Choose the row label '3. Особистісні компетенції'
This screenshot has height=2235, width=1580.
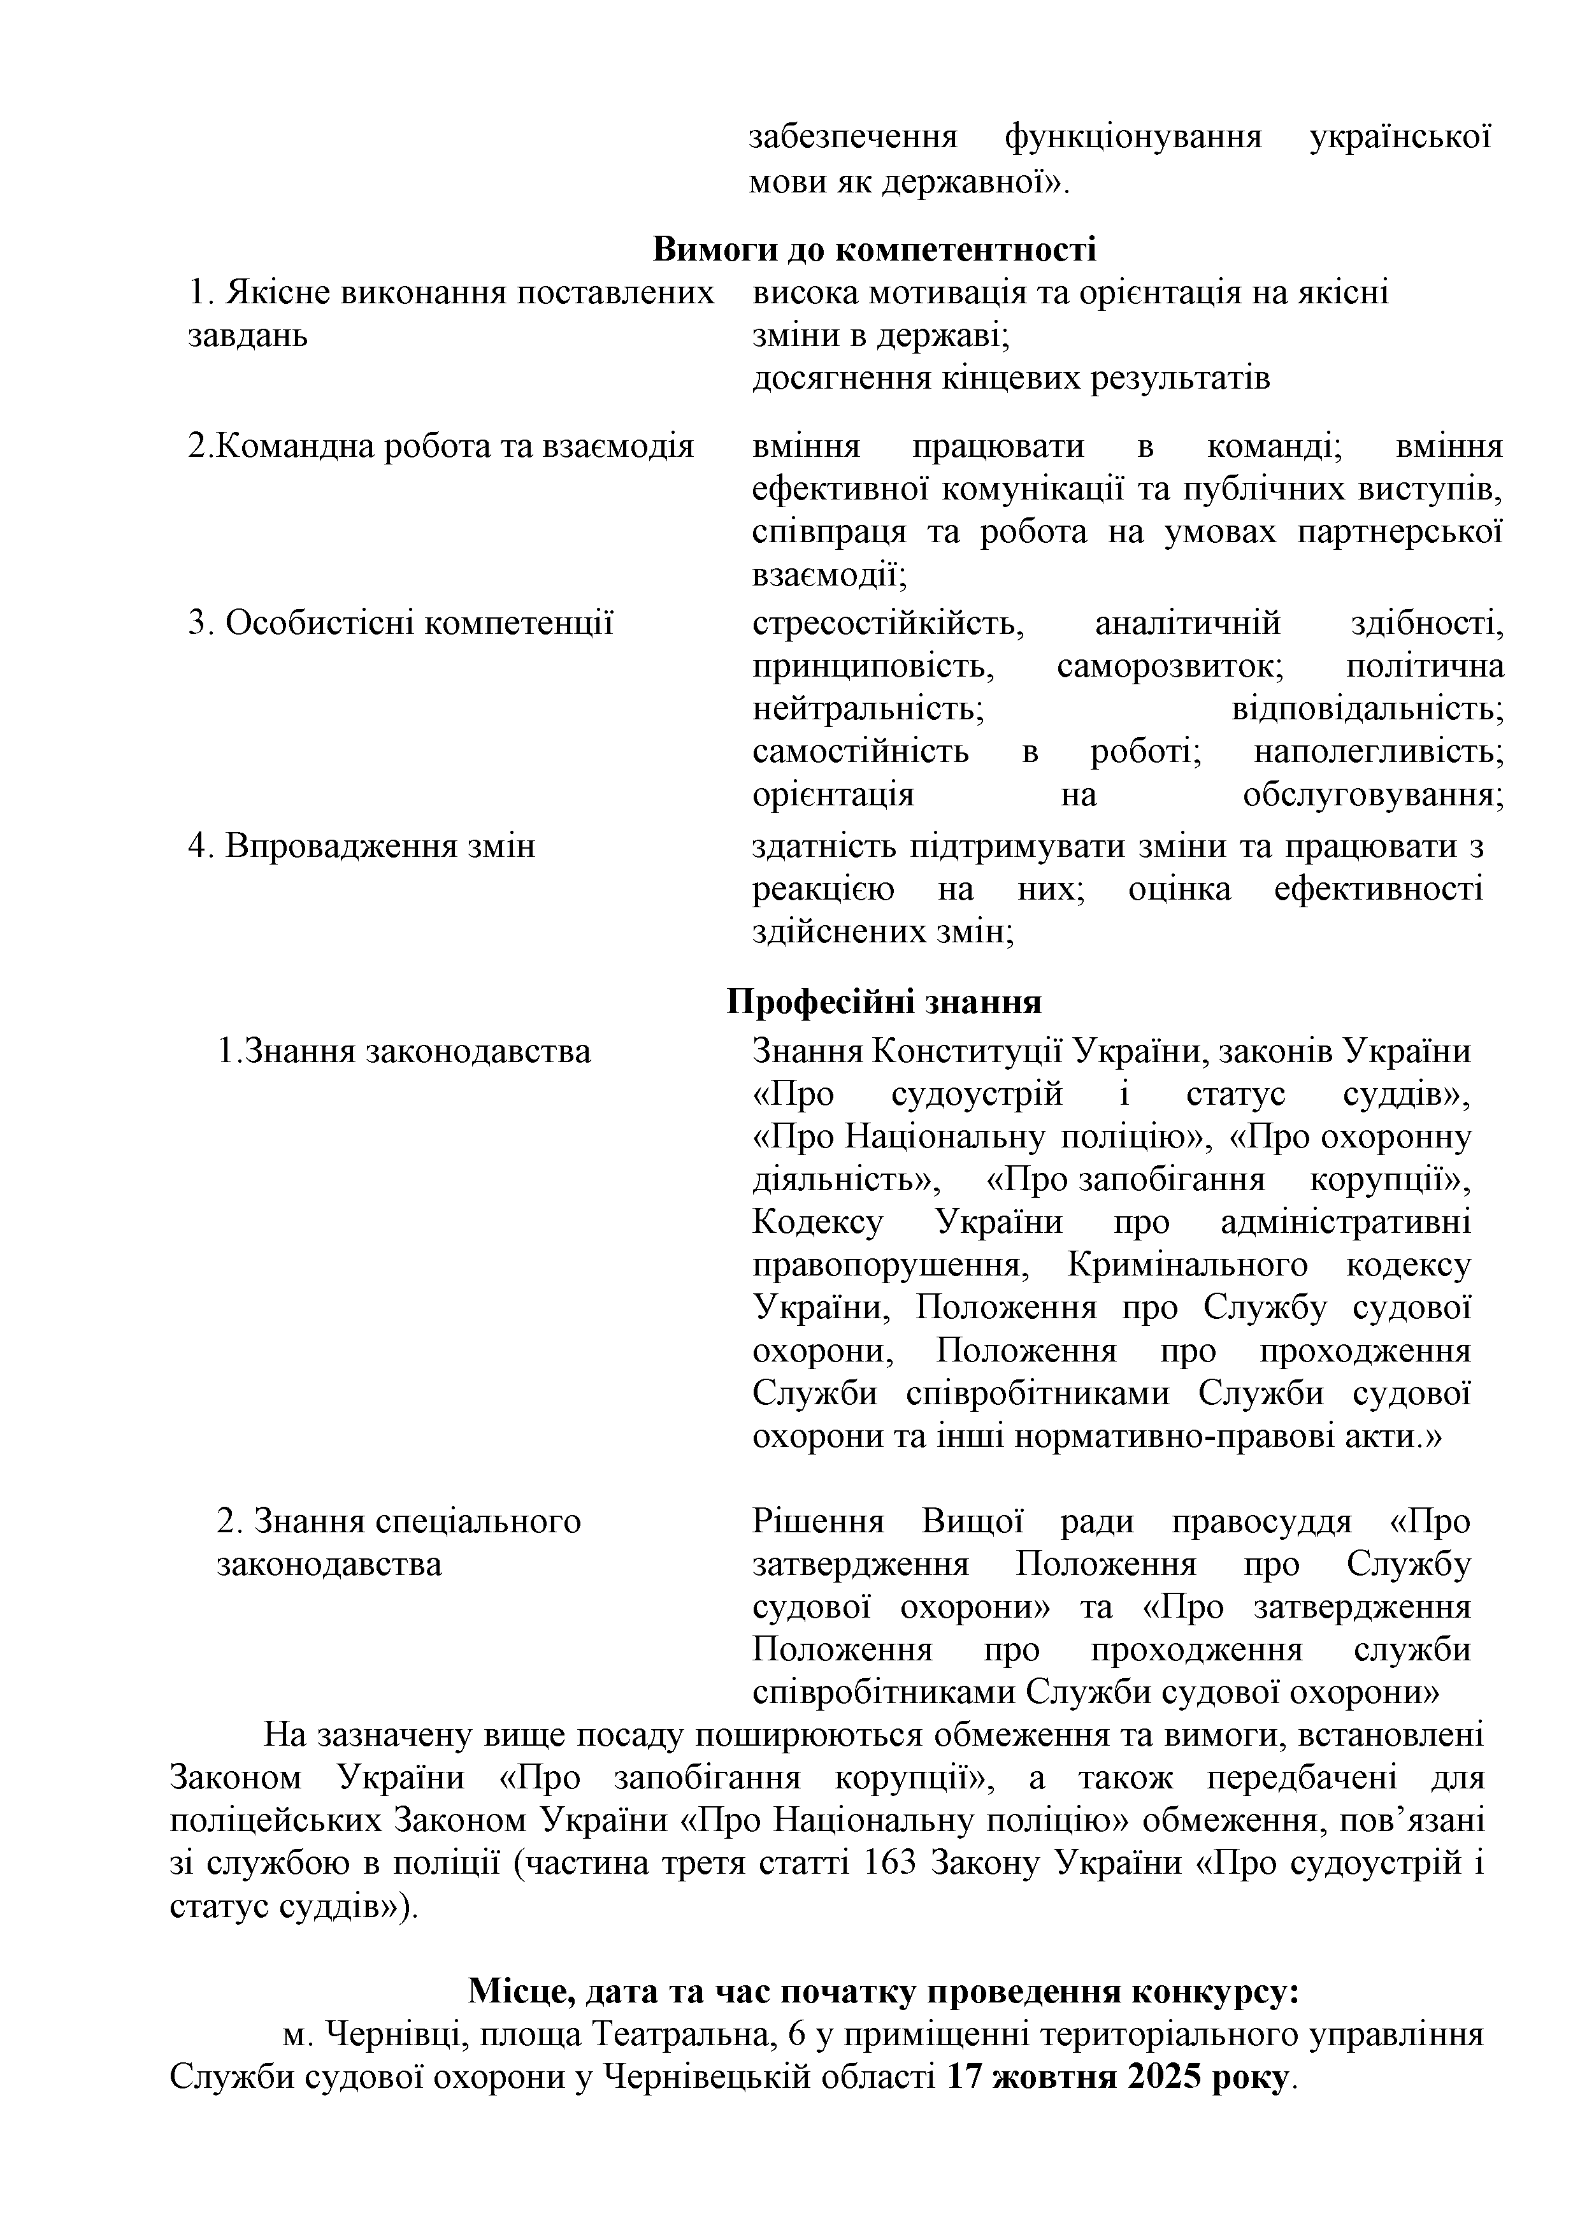pyautogui.click(x=400, y=622)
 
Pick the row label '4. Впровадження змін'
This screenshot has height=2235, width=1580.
pyautogui.click(x=361, y=846)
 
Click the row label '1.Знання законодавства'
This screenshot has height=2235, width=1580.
pyautogui.click(x=404, y=1051)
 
